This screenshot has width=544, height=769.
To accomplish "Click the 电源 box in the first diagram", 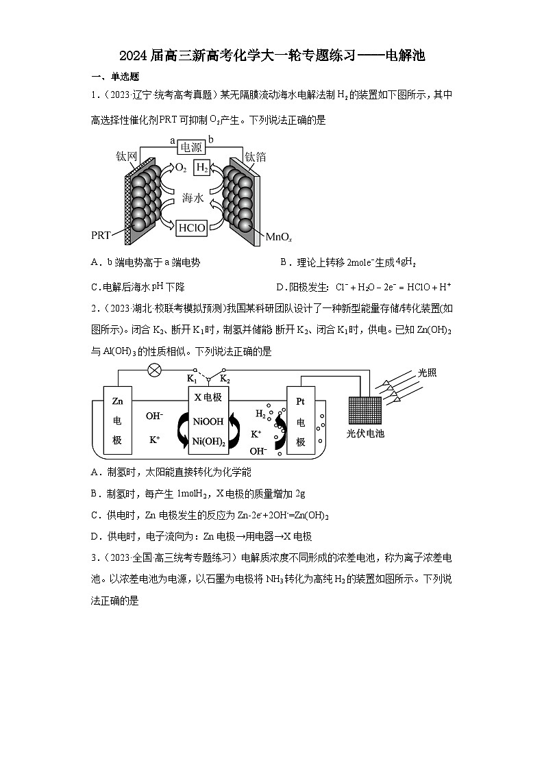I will (x=192, y=147).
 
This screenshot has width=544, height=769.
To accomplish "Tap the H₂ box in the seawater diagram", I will (x=202, y=168).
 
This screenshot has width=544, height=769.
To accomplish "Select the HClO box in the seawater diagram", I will (x=192, y=227).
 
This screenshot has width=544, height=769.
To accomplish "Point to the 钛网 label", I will (x=127, y=157).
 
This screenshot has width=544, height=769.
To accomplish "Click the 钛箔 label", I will (x=256, y=157).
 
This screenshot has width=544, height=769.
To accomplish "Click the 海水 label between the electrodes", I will (x=193, y=198).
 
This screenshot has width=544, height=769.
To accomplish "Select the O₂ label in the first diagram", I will (x=181, y=168).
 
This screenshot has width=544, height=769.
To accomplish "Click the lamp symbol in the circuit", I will (x=155, y=369).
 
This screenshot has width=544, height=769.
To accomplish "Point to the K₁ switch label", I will (x=192, y=378).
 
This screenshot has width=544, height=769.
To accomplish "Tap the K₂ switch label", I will (x=225, y=378).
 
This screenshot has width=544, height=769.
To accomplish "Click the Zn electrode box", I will (x=117, y=420).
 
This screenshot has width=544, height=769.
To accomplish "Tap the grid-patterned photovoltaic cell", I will (x=364, y=410).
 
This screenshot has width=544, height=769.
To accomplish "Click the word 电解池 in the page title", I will (x=405, y=55).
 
